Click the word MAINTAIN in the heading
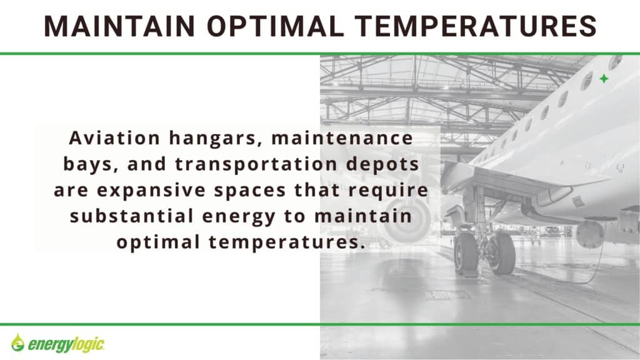119,26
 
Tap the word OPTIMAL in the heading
276,26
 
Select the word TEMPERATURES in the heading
476,26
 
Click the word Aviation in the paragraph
114,138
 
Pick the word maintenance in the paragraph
342,138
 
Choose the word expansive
151,191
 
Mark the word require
388,191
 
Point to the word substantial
131,216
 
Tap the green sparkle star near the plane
604,79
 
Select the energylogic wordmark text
66,345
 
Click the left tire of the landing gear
465,254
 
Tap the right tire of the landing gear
501,253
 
